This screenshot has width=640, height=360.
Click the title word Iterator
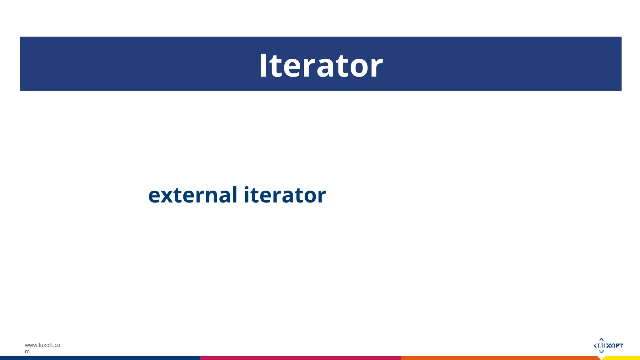click(x=321, y=65)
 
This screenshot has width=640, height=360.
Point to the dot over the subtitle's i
click(x=247, y=187)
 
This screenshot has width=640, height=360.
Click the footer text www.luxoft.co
click(x=42, y=345)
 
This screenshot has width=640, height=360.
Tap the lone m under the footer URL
click(x=27, y=352)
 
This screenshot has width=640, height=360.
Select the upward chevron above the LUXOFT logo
click(x=601, y=339)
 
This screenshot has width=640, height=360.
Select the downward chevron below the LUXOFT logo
click(x=601, y=352)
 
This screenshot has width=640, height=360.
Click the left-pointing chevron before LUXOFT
click(x=595, y=345)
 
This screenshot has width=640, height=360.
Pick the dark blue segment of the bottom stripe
click(x=100, y=358)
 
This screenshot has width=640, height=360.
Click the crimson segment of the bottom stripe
click(x=300, y=358)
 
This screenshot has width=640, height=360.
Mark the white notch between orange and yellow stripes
click(x=601, y=358)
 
